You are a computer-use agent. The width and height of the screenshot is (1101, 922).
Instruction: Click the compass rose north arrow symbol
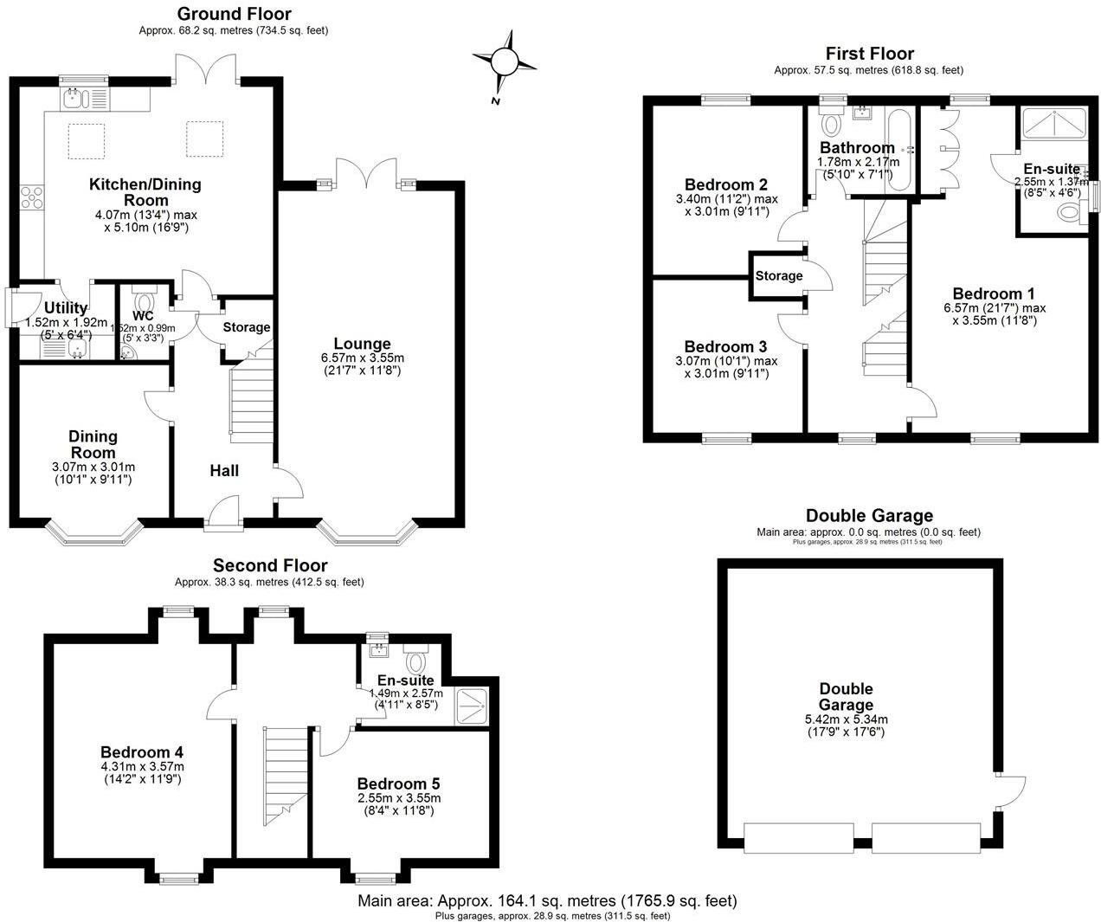point(504,61)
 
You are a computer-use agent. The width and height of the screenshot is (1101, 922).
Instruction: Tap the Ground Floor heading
point(234,14)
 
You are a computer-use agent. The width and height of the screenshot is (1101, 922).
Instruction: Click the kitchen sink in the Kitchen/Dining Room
point(74,99)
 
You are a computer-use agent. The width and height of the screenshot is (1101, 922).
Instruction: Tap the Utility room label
point(66,308)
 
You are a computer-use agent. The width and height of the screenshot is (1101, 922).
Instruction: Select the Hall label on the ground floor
point(224,471)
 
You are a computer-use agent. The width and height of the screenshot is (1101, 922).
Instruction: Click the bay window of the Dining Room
point(93,532)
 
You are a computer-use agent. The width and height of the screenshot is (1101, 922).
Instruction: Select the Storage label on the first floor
point(778,276)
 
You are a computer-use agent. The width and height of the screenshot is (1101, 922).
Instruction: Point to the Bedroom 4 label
point(141,752)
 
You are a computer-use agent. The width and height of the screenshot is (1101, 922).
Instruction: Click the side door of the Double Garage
point(1009,790)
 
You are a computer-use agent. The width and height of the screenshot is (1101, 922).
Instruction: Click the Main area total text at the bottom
point(547,900)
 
